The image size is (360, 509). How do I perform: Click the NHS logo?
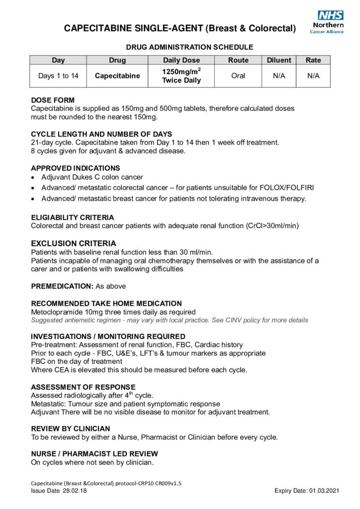pos(331,15)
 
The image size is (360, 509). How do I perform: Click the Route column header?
pos(238,60)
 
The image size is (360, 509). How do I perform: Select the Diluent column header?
pos(279,60)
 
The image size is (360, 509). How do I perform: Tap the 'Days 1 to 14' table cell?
pos(58,76)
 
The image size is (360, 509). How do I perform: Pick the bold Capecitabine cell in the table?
pos(117,76)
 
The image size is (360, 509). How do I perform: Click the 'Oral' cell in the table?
pos(238,76)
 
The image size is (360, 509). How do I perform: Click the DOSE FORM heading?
pos(53,100)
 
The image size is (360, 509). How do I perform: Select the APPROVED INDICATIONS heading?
pos(75,168)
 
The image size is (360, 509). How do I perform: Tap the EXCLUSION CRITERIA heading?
pos(67,244)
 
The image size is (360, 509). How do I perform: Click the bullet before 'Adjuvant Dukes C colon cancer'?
pos(33,177)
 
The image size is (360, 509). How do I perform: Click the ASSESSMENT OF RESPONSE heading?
pos(83,387)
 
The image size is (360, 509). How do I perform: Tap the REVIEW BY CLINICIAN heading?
pos(71,428)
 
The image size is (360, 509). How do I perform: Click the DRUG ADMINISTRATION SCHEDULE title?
pos(189,47)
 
